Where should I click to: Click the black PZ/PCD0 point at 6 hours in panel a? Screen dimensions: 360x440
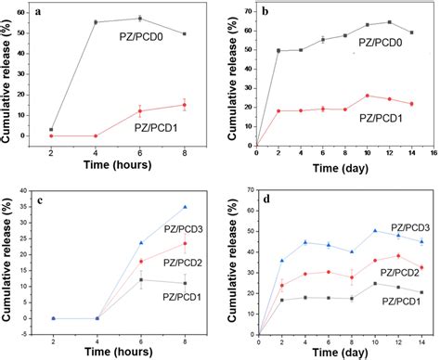tap(139, 19)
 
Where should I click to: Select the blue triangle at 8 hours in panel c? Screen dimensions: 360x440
tap(185, 207)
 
